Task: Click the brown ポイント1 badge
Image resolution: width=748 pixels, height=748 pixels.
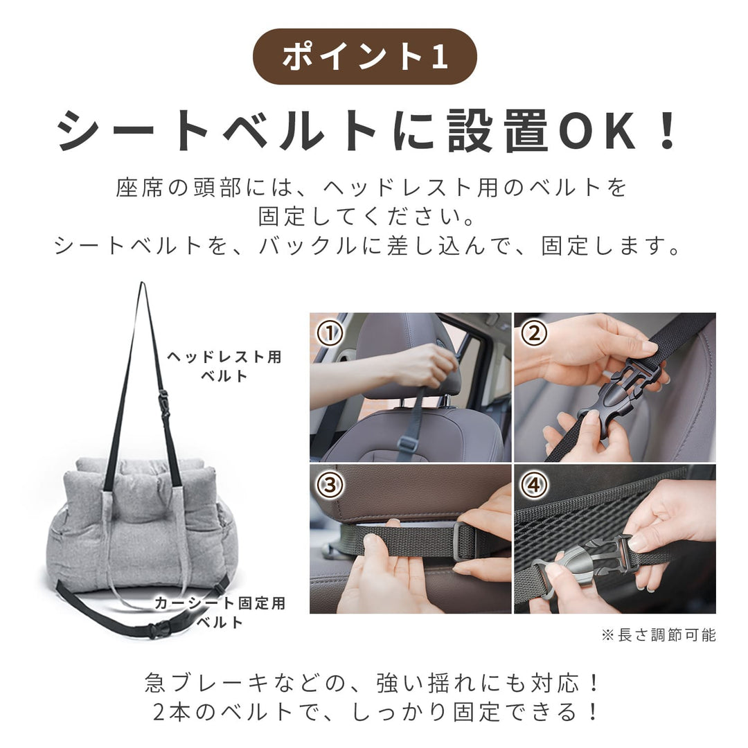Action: coord(364,56)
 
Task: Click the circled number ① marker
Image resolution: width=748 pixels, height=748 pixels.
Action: coord(330,332)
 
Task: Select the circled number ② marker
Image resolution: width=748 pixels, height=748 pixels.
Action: coord(534,332)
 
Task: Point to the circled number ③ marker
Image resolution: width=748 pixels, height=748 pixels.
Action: coord(330,485)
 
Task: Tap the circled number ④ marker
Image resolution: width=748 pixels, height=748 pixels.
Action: coord(534,485)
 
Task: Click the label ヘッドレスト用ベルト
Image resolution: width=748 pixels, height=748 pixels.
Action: coord(224,366)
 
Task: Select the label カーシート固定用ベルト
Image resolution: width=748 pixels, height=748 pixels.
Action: coord(220,612)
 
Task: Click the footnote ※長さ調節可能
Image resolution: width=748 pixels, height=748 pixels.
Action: coord(659,635)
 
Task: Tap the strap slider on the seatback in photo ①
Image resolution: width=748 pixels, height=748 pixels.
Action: coord(407,444)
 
